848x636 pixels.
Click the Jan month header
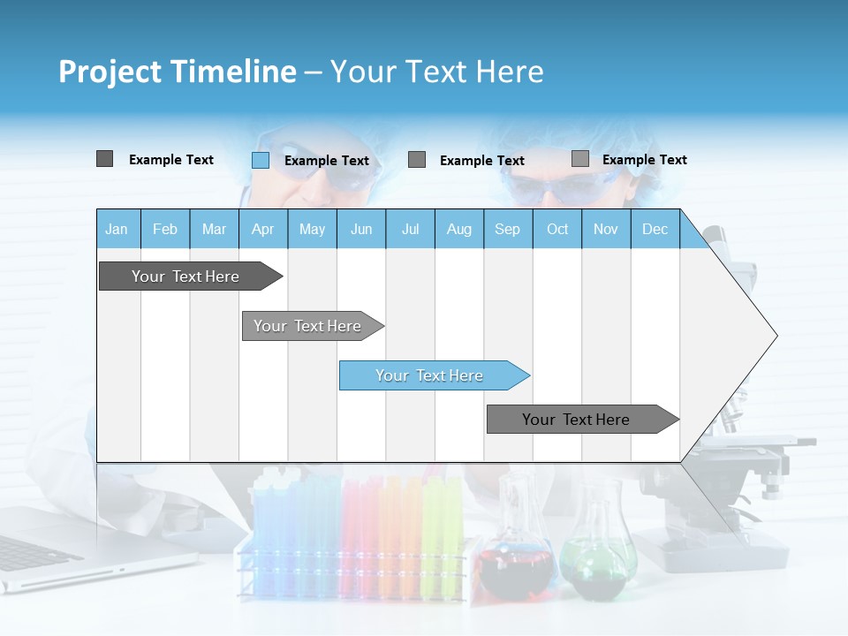117,230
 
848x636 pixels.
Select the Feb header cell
165,230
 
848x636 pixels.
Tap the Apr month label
262,230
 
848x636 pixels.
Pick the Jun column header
360,230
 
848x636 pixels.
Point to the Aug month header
458,230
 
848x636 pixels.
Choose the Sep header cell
507,230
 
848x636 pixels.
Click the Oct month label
557,230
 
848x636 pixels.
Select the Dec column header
655,230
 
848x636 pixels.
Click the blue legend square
260,160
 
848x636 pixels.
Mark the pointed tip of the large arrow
776,336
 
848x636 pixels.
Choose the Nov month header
606,230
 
